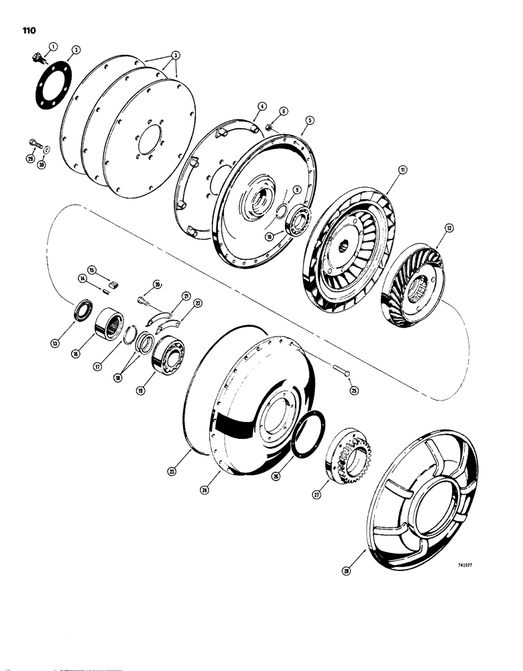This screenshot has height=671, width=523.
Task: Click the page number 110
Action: [x=30, y=30]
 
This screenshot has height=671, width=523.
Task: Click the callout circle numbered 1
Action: [x=54, y=45]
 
